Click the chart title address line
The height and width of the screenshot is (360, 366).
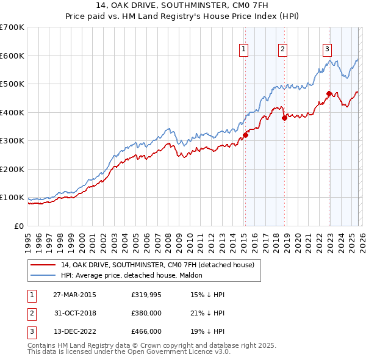[x=183, y=5]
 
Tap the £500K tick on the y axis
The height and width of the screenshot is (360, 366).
[x=12, y=84]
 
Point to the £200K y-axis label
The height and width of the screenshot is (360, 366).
[x=12, y=169]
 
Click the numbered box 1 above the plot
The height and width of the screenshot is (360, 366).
[x=244, y=49]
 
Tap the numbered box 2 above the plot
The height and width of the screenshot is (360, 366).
[x=283, y=49]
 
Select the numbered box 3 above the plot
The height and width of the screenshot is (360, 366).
[x=327, y=49]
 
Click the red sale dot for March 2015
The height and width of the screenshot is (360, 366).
[x=245, y=135]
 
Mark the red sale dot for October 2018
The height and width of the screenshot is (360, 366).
[x=284, y=118]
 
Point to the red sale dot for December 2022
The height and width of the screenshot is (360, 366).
[x=329, y=93]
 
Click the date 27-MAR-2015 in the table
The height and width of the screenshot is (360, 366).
[x=74, y=295]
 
